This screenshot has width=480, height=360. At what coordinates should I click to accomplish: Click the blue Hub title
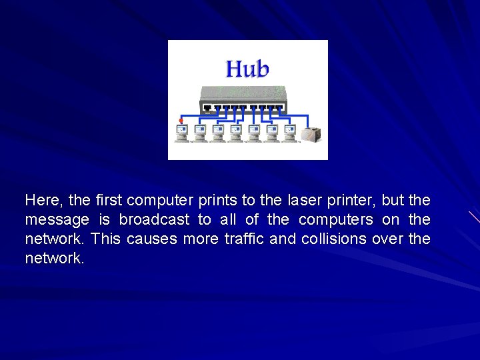(247, 69)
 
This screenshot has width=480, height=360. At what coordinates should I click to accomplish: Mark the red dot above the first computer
(181, 121)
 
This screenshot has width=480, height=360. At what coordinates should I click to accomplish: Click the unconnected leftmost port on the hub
(207, 107)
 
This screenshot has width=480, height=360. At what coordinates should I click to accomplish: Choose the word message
(57, 219)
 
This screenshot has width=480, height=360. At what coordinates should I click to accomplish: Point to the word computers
(336, 219)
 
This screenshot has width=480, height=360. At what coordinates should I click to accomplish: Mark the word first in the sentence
(109, 200)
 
